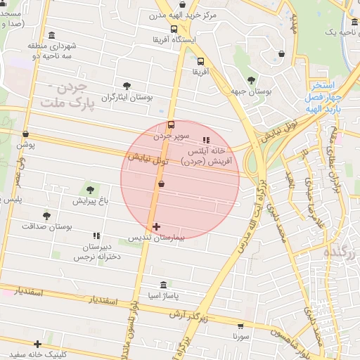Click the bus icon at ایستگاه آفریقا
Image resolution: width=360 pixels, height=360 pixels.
pyautogui.click(x=174, y=29)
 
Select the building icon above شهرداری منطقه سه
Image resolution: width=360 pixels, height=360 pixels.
pyautogui.click(x=52, y=35)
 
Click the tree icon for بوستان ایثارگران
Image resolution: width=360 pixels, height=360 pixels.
pyautogui.click(x=127, y=86)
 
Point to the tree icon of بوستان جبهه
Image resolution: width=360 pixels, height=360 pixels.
pyautogui.click(x=252, y=79)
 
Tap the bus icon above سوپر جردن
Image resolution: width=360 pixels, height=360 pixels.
pyautogui.click(x=172, y=124)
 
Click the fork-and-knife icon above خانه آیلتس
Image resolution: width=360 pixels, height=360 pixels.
pyautogui.click(x=206, y=140)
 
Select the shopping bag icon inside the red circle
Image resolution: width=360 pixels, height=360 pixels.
pyautogui.click(x=162, y=184)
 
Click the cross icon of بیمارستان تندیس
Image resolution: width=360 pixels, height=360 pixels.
pyautogui.click(x=156, y=226)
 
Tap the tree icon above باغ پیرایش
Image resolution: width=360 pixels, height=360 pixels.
pyautogui.click(x=90, y=188)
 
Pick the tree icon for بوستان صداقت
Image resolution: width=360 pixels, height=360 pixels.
pyautogui.click(x=47, y=216)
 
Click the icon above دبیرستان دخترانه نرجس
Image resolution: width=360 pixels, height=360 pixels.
pyautogui.click(x=96, y=236)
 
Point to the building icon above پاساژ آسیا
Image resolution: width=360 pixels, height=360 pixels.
pyautogui.click(x=163, y=285)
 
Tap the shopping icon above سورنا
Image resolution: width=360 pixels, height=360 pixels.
pyautogui.click(x=241, y=326)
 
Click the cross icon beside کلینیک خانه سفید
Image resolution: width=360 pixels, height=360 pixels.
pyautogui.click(x=37, y=344)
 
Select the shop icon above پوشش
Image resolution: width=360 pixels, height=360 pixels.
pyautogui.click(x=26, y=134)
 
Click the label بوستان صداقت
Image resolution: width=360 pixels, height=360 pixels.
pyautogui.click(x=47, y=227)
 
